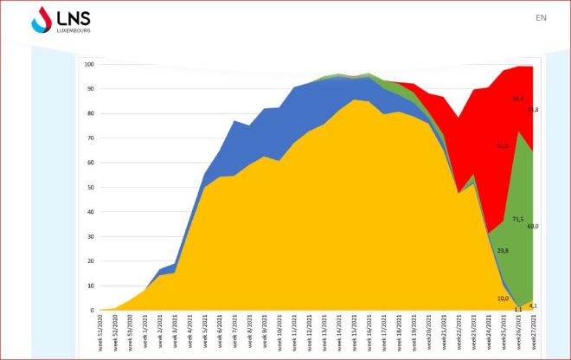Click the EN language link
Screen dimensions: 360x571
[541, 17]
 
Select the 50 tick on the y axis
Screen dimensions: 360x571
[91, 187]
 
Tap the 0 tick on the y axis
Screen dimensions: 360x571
[93, 310]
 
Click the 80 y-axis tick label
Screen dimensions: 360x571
[91, 113]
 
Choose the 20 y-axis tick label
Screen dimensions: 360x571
[91, 260]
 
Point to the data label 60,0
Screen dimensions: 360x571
[533, 226]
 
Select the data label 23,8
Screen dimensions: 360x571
[503, 250]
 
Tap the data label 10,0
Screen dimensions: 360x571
[503, 299]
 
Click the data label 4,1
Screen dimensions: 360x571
[534, 305]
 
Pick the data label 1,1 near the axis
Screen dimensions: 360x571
[518, 308]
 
